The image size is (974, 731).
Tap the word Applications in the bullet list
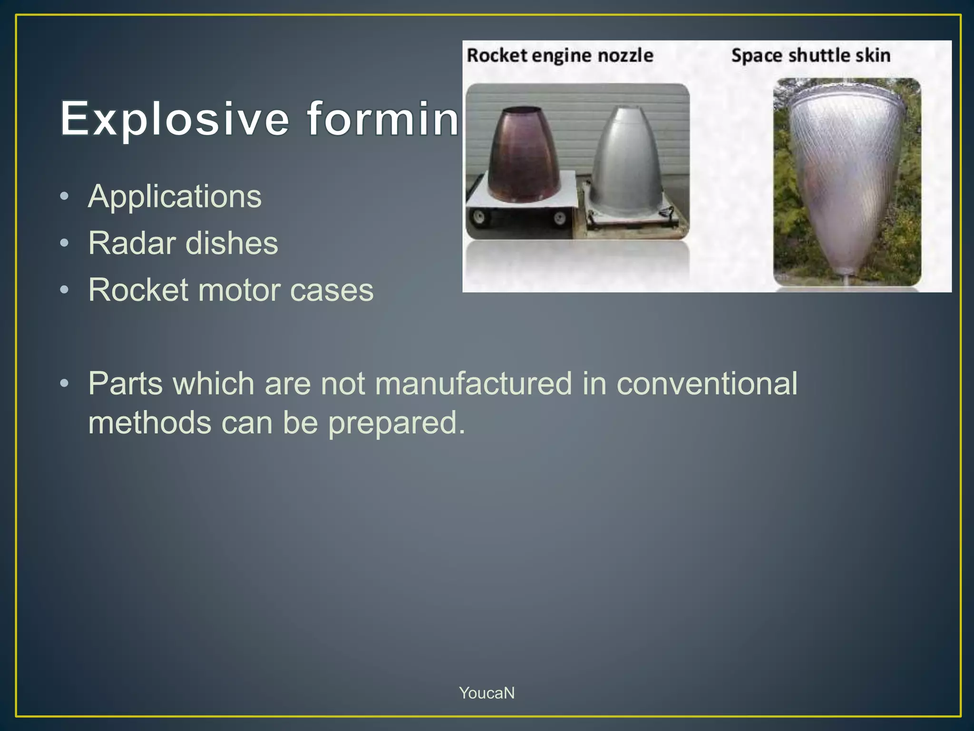(x=175, y=196)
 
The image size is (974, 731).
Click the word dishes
(x=232, y=243)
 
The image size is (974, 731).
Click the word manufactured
(x=473, y=383)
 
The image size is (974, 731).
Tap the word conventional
(x=707, y=383)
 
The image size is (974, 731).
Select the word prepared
(x=397, y=423)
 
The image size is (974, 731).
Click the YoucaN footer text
(x=487, y=693)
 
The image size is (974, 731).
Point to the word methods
(x=149, y=423)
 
